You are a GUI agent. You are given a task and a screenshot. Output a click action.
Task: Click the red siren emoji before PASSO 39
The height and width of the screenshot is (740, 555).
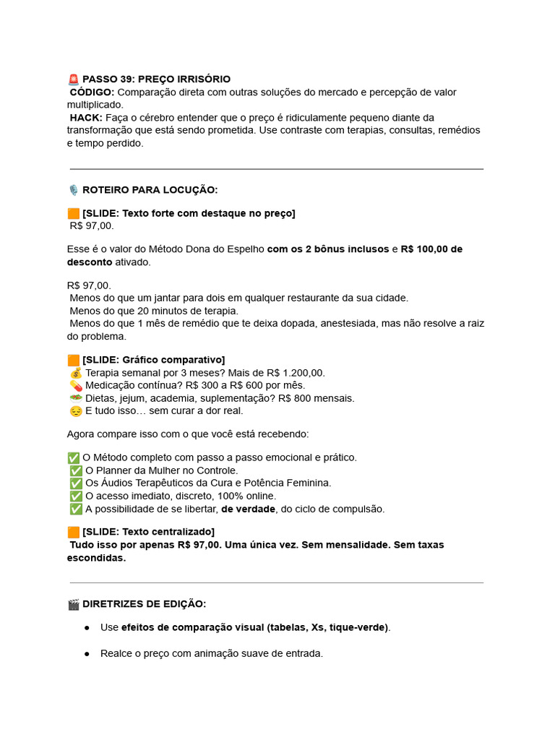(x=73, y=79)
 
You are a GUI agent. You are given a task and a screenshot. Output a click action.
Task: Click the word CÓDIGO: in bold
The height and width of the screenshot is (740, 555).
(x=92, y=92)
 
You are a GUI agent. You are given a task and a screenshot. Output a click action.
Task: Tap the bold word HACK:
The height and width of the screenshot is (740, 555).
(x=86, y=117)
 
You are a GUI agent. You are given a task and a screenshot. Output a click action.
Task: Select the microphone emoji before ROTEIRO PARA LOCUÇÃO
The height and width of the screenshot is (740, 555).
(x=73, y=190)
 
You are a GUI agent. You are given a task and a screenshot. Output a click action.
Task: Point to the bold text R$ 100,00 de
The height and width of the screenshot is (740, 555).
(x=431, y=249)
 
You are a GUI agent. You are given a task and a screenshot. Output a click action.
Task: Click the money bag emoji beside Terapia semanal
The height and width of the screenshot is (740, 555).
(x=76, y=373)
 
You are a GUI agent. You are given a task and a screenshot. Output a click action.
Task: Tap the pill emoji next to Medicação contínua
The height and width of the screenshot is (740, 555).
(x=76, y=386)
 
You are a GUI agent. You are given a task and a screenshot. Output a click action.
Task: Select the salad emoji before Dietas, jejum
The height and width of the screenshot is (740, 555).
(x=76, y=398)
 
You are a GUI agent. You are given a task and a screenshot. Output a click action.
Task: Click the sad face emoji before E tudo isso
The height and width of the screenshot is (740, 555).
(x=76, y=411)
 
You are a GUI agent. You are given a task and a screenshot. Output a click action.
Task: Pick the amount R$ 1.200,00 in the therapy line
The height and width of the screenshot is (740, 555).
(x=296, y=373)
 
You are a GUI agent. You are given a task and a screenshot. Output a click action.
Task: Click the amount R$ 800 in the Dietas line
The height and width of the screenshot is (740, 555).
(x=295, y=398)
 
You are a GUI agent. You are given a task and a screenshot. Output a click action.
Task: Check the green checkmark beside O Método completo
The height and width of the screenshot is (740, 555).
(x=73, y=457)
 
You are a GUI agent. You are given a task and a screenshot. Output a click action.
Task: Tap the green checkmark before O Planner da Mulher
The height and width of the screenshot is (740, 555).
(x=76, y=470)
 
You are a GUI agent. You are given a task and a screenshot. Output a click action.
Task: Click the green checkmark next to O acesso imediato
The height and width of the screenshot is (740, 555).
(x=76, y=496)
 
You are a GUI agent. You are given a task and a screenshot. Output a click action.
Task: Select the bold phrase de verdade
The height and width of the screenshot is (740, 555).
(x=248, y=509)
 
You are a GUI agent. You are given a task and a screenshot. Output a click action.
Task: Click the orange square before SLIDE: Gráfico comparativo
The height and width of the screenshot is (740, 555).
(x=73, y=360)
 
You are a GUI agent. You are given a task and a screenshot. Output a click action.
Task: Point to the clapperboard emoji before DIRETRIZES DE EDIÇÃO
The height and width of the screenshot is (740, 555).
(x=73, y=604)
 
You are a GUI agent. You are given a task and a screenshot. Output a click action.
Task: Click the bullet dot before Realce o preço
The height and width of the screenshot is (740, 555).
(x=87, y=653)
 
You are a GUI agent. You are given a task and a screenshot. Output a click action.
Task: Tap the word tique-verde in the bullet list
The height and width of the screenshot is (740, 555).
(x=358, y=627)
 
